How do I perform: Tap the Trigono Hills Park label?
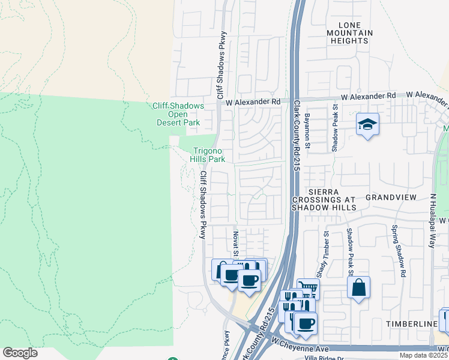point(207,155)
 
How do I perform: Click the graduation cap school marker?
point(367,124)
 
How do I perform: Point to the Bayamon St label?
point(306,133)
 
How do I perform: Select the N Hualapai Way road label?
point(432,221)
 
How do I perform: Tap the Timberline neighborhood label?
point(412,324)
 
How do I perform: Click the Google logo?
point(20,353)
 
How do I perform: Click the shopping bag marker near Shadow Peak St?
point(358,286)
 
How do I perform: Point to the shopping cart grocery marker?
point(308,289)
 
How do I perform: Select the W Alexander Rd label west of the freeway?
point(253,103)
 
